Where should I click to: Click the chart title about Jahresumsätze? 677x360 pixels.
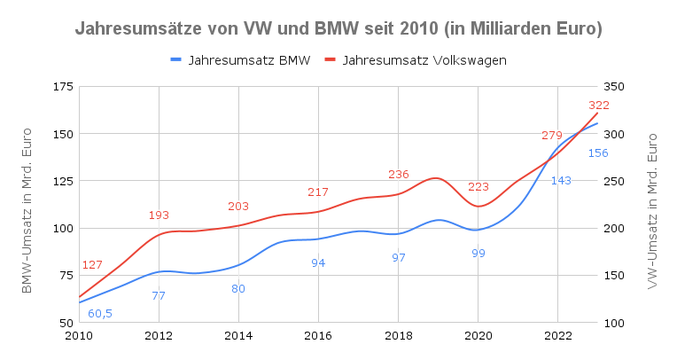pyautogui.click(x=338, y=29)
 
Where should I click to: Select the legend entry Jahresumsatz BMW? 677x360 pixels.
pyautogui.click(x=240, y=60)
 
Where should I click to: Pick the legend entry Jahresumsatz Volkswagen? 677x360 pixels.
pyautogui.click(x=416, y=60)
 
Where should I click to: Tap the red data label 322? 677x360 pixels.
pyautogui.click(x=599, y=105)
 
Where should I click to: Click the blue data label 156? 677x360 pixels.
pyautogui.click(x=598, y=153)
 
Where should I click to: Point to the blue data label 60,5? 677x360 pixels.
pyautogui.click(x=100, y=314)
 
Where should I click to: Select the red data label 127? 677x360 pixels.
pyautogui.click(x=92, y=264)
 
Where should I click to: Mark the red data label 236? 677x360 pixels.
pyautogui.click(x=398, y=174)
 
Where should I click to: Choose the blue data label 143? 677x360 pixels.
pyautogui.click(x=561, y=180)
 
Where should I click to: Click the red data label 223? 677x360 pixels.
pyautogui.click(x=479, y=187)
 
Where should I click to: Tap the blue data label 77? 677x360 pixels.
pyautogui.click(x=159, y=296)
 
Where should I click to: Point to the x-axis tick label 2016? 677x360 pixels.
pyautogui.click(x=318, y=336)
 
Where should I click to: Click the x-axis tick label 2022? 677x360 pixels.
pyautogui.click(x=558, y=336)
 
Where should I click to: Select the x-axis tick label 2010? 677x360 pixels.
pyautogui.click(x=79, y=336)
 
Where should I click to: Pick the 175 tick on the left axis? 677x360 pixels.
pyautogui.click(x=63, y=87)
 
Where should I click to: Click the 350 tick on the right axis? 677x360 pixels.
pyautogui.click(x=614, y=87)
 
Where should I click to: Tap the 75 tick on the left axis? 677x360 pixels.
pyautogui.click(x=66, y=275)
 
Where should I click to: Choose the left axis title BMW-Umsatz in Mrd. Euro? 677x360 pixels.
pyautogui.click(x=27, y=210)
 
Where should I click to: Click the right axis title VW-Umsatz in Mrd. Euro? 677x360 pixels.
pyautogui.click(x=652, y=211)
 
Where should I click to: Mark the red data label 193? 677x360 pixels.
pyautogui.click(x=159, y=215)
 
